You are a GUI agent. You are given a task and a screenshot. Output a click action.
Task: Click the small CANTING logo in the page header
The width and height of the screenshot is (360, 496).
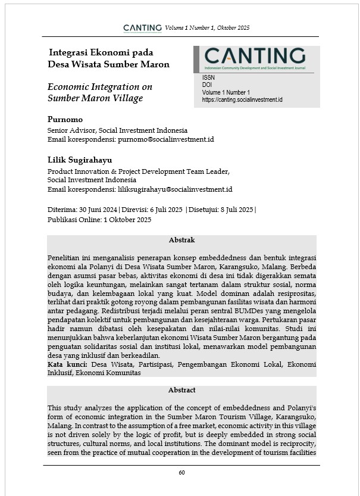pos(142,28)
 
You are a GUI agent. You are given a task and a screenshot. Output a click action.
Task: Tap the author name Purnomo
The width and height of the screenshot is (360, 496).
pos(65,119)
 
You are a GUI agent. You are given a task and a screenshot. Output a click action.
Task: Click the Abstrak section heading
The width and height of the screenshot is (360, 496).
pos(181,241)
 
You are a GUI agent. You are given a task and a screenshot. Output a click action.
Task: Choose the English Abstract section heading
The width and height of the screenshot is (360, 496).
pos(181,390)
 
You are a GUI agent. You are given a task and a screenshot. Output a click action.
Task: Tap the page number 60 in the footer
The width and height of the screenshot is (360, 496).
pos(181,472)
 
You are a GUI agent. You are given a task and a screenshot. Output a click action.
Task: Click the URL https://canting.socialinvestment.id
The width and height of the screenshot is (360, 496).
pos(242,100)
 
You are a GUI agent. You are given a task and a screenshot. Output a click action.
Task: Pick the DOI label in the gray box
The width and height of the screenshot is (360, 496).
pos(207,85)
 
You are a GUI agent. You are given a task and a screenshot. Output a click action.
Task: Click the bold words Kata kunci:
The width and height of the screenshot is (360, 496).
pos(67,364)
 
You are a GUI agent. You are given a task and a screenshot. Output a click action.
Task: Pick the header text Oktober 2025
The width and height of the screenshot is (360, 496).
pos(234,28)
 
